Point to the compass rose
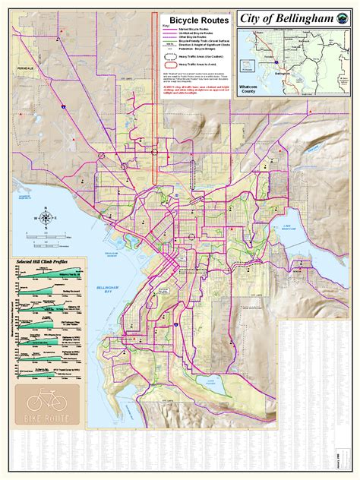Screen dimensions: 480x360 click(x=45, y=218)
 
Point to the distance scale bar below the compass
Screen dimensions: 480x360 click(x=46, y=237)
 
